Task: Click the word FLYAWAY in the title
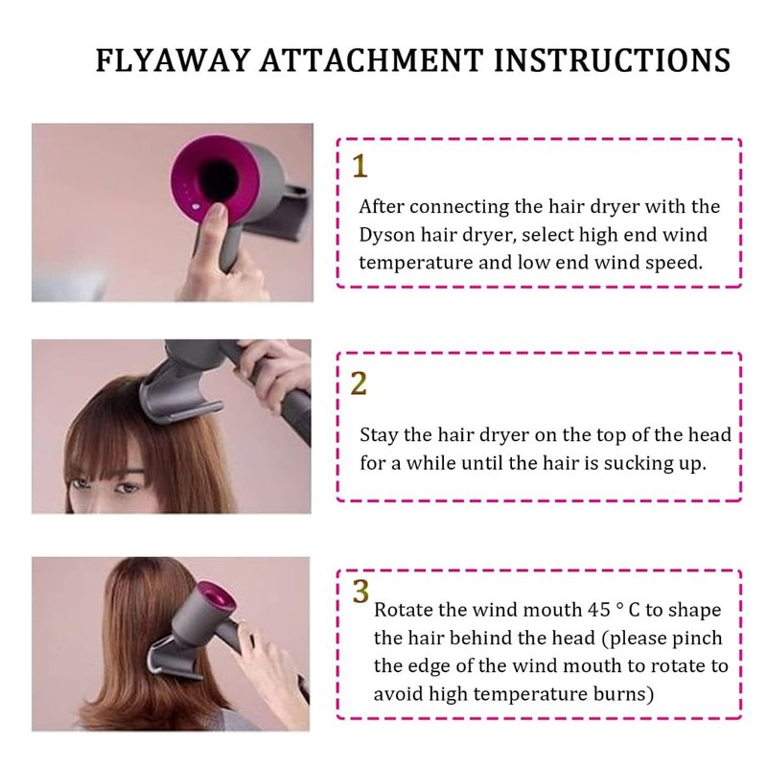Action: (173, 60)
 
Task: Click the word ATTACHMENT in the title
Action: (372, 60)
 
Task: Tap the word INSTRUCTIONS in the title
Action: (613, 60)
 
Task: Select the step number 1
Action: (360, 166)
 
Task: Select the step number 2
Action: (359, 383)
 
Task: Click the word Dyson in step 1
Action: (386, 235)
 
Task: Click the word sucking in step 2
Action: (637, 464)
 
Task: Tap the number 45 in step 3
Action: (599, 610)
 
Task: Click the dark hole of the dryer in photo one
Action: (219, 180)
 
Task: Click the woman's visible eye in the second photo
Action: (127, 488)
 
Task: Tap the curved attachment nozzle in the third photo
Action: (174, 656)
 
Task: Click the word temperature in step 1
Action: (415, 264)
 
